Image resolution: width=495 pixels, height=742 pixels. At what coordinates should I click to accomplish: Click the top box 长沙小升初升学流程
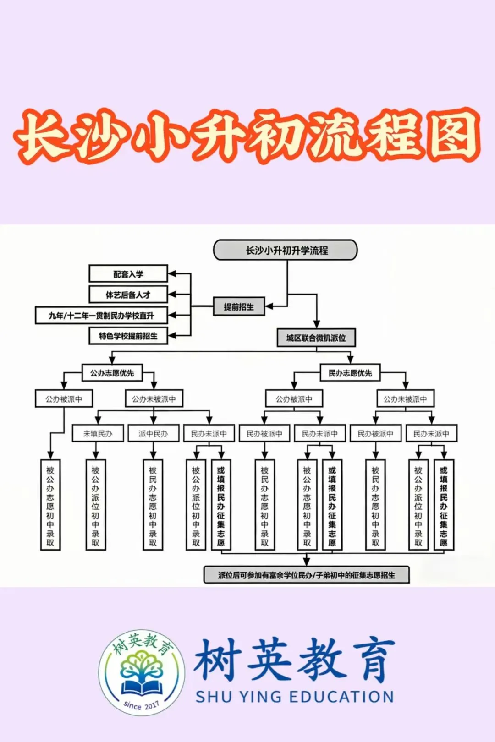coord(285,250)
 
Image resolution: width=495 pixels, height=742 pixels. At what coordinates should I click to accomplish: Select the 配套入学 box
coord(128,274)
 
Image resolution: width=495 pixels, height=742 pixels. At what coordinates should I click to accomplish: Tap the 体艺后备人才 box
coord(128,295)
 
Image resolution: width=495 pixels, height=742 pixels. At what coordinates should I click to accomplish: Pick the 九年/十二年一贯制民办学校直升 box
coord(101,315)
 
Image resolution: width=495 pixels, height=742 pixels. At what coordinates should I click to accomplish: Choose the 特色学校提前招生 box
coord(128,336)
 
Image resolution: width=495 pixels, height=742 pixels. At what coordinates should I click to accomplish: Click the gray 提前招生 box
coord(238,306)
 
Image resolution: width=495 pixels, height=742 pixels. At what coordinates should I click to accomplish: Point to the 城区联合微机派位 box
coord(316,338)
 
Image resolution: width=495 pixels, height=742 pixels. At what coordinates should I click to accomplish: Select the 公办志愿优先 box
coord(112,373)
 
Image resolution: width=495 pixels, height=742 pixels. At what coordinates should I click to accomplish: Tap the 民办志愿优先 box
coord(350,373)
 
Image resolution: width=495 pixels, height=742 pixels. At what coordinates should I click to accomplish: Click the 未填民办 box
coord(98,433)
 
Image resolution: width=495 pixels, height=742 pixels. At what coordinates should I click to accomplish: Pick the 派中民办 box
coord(153,433)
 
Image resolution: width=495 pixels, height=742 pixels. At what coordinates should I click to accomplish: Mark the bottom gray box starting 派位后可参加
coord(306,575)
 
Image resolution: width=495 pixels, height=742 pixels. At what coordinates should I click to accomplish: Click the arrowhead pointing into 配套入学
coord(172,274)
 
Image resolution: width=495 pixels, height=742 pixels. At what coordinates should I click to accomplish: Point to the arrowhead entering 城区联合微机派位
coord(316,324)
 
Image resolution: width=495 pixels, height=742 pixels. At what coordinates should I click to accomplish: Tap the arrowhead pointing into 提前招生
coord(269,306)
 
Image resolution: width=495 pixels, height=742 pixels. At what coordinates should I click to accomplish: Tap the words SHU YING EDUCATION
coord(295,697)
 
